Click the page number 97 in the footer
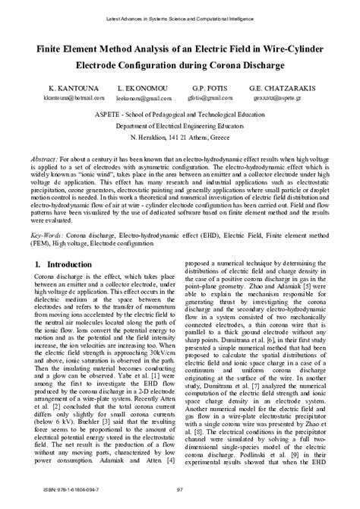click(x=180, y=498)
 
